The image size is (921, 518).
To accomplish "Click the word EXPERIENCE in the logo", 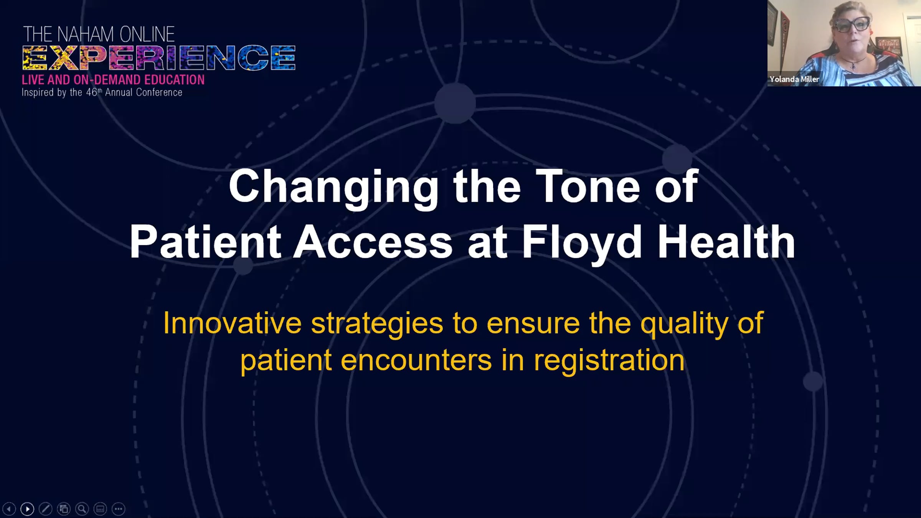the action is (x=159, y=58).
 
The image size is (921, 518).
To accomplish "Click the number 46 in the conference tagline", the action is (x=92, y=92).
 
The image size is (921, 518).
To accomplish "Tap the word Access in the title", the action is (x=373, y=242).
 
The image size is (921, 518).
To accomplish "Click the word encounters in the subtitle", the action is (x=416, y=361).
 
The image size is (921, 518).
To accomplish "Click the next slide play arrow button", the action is (x=27, y=509).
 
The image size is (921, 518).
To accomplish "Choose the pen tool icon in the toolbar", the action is (x=45, y=509).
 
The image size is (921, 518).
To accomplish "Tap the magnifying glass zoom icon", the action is (x=82, y=509).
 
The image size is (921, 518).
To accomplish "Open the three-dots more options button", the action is (x=118, y=509).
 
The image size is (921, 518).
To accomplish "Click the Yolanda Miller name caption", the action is (x=794, y=79).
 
